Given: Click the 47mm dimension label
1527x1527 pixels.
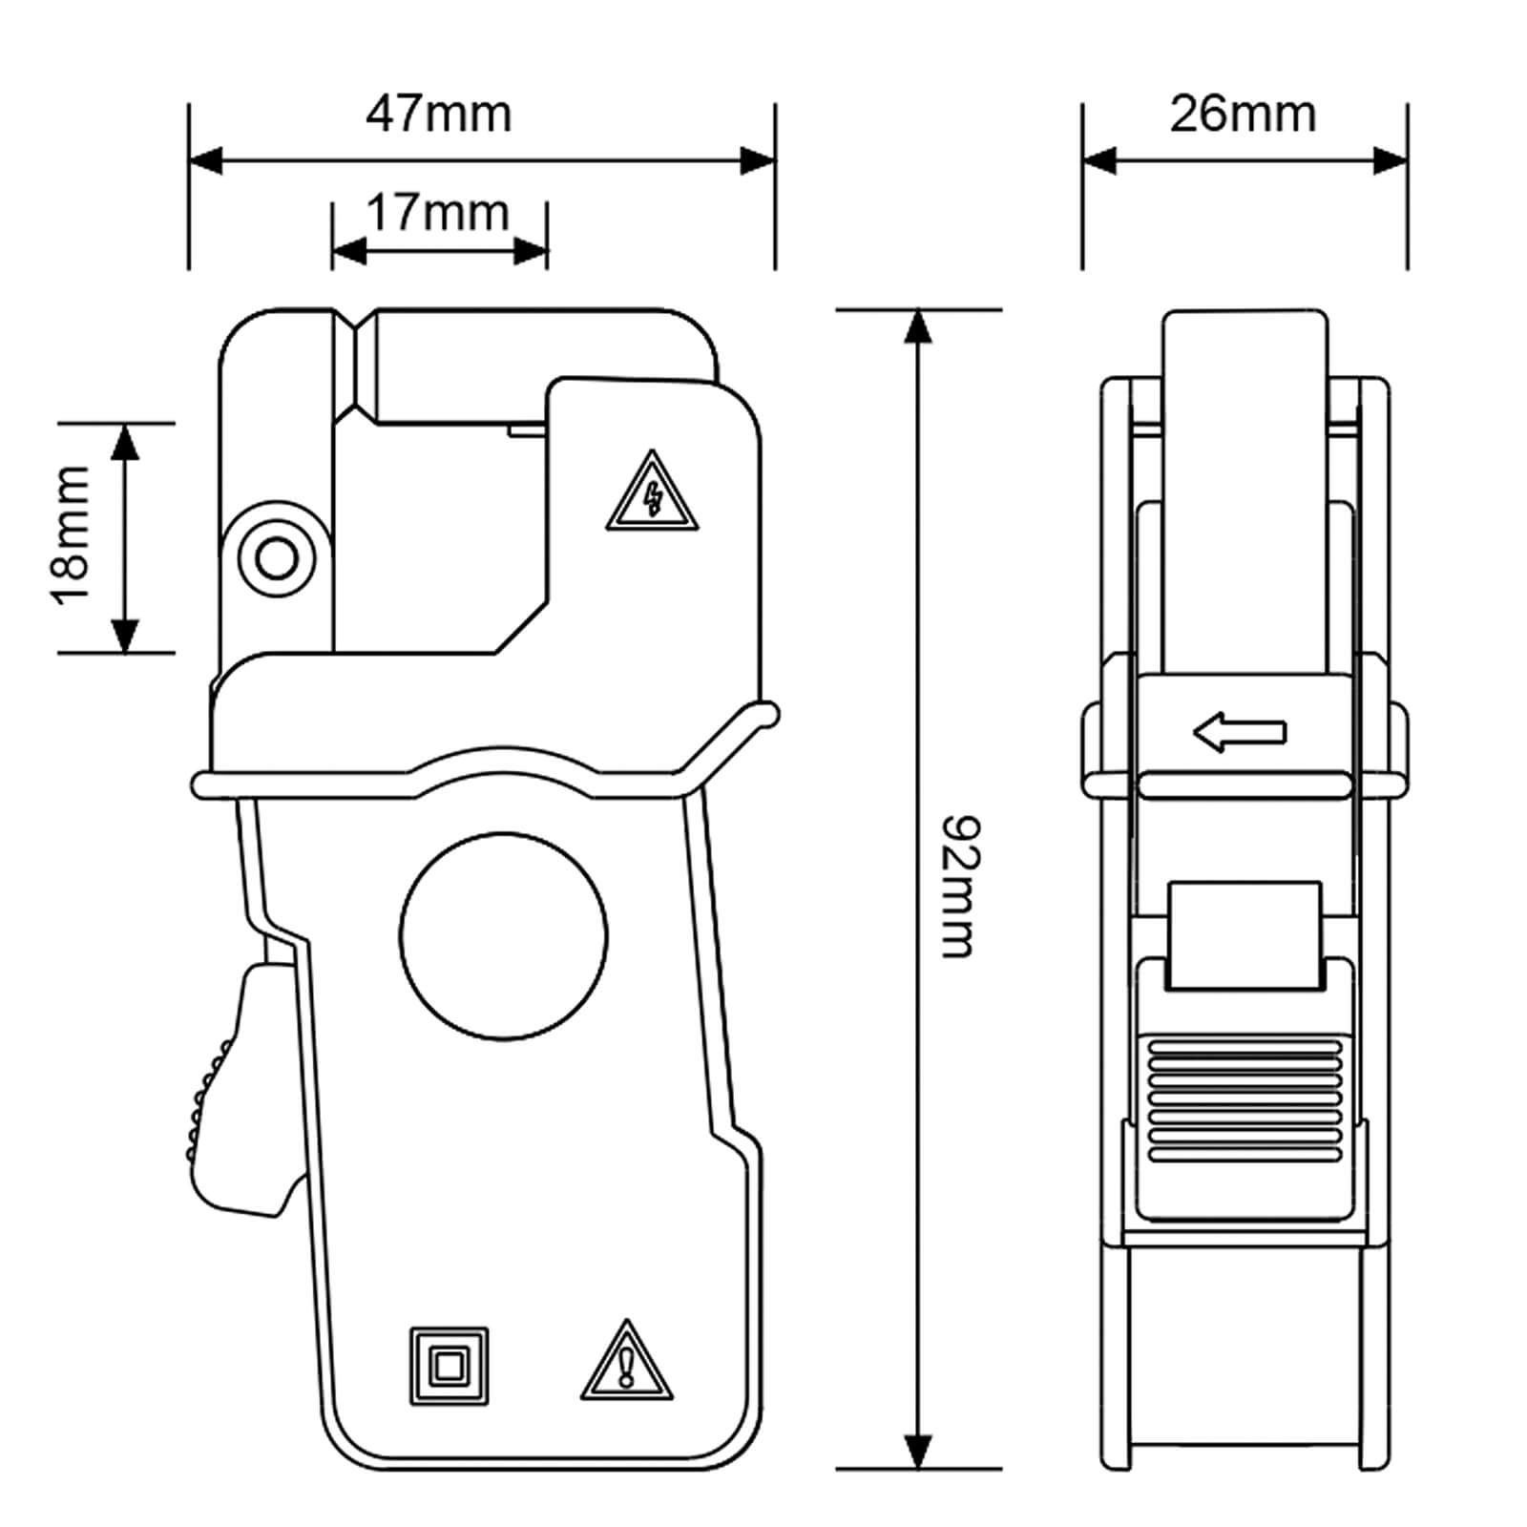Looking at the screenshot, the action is pos(439,114).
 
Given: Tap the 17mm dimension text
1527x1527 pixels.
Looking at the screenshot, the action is pos(438,212).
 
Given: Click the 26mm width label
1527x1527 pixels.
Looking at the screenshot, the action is pos(1243,114).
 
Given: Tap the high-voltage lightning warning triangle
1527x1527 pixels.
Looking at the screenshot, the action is pos(652,491).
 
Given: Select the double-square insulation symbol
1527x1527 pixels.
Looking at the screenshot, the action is pos(449,1366).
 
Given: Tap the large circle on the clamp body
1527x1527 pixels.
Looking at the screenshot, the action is pos(504,936).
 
